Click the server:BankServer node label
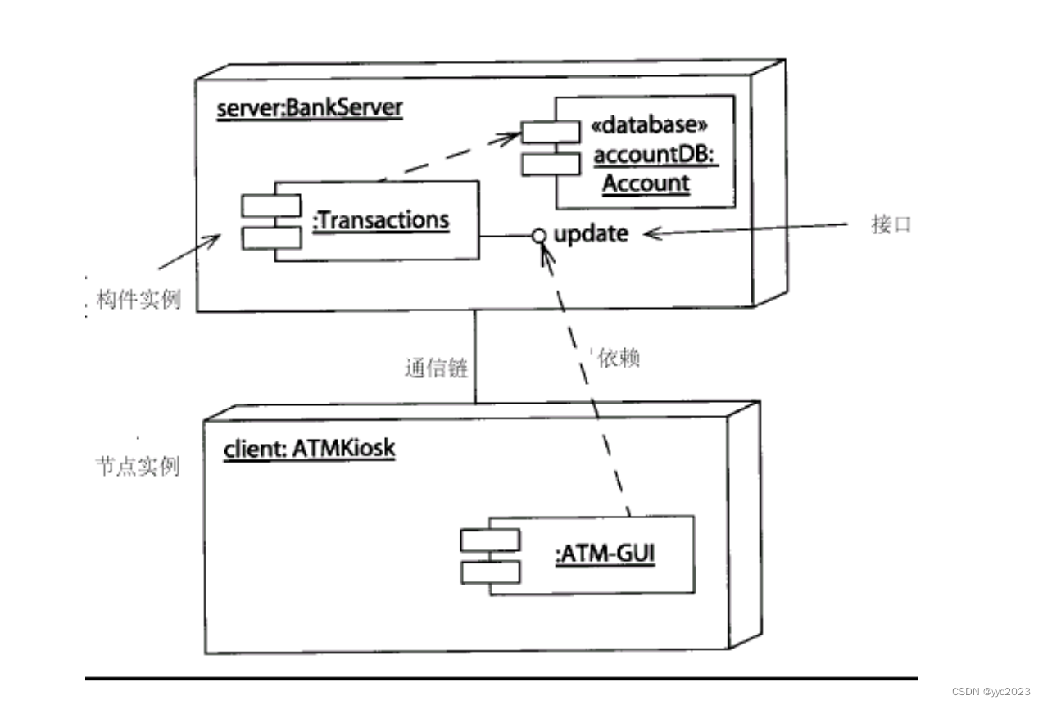coord(310,109)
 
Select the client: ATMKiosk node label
coord(309,449)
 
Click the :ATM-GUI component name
coord(605,555)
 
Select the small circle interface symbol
coord(538,236)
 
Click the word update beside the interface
coord(591,234)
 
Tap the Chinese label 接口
coord(891,226)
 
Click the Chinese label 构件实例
coord(133,300)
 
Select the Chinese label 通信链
coord(436,368)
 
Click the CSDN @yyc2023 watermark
coord(991,692)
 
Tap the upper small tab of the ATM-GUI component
coord(489,540)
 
